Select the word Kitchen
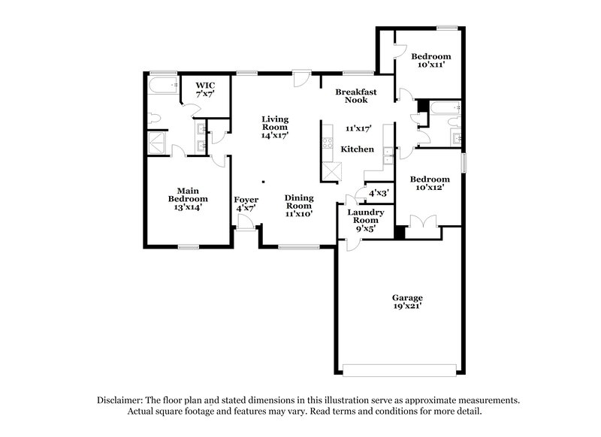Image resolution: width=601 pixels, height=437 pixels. [x=358, y=149]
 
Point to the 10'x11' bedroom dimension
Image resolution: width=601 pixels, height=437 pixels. [x=431, y=65]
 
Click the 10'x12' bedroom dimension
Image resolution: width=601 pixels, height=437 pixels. [x=430, y=188]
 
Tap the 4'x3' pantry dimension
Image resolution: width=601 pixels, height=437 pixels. [x=378, y=193]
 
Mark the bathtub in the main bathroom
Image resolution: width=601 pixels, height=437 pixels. [x=162, y=89]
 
